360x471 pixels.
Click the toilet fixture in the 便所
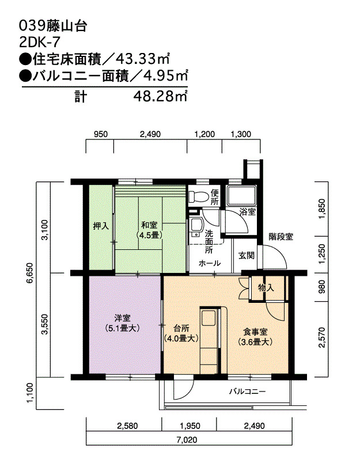coord(198,196)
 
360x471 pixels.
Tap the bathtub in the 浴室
coord(241,195)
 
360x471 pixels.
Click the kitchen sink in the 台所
coord(209,318)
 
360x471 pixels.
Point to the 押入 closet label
coord(101,226)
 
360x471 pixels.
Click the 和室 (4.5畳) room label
coord(149,230)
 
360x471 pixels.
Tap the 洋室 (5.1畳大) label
coord(122,323)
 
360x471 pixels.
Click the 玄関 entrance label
coord(247,255)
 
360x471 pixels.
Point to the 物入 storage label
coord(266,288)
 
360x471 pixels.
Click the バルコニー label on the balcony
coord(247,392)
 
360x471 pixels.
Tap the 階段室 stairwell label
coord(281,237)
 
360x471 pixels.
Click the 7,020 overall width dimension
coord(187,440)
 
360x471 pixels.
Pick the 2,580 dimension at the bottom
coord(127,426)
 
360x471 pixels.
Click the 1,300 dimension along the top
coord(240,134)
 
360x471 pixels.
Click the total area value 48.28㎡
coord(161,97)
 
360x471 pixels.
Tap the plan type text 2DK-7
coord(39,43)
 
